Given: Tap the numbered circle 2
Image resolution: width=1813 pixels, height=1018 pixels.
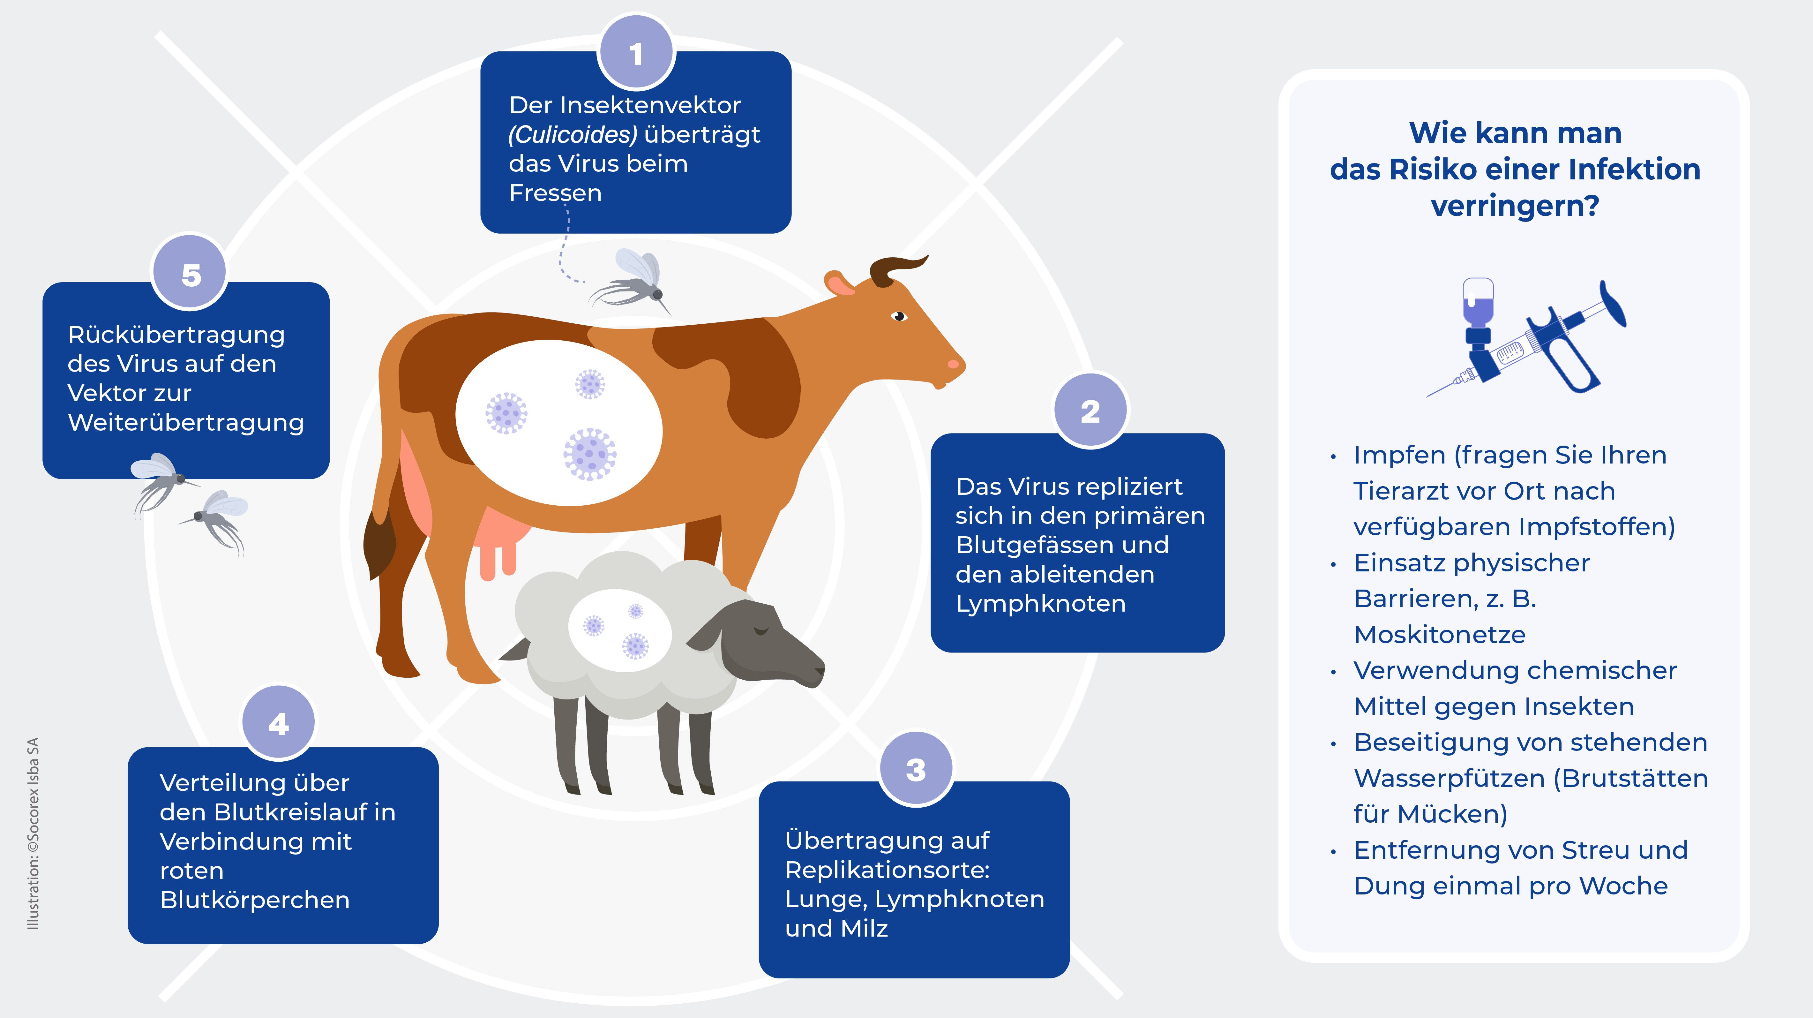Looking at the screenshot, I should coord(1090,411).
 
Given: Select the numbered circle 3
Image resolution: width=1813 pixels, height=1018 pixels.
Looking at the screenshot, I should coord(916,769).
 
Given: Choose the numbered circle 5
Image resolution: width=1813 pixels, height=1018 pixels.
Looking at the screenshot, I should coord(190,273).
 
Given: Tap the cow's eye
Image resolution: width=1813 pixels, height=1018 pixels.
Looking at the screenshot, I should coord(899,316).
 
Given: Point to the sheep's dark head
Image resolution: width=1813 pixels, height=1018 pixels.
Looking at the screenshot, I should coord(760,641).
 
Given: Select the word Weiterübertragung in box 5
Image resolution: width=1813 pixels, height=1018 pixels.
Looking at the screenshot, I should coord(186,422).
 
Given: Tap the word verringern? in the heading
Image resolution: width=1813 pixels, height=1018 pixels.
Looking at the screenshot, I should coord(1515,206).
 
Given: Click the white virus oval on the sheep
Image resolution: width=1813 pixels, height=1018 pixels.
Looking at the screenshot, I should coord(619,630).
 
